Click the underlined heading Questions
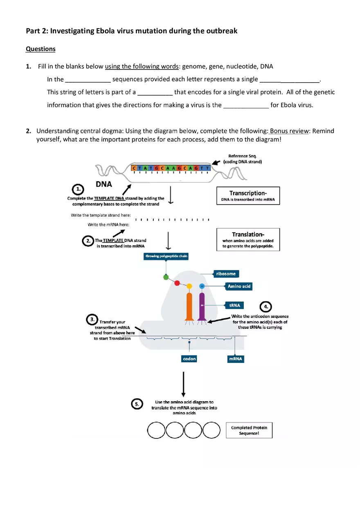[40, 49]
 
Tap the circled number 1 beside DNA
[78, 189]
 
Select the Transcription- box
[248, 195]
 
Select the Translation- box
[248, 239]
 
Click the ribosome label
[226, 274]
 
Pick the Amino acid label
[239, 286]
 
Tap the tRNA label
[234, 306]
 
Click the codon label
[189, 359]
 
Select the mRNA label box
[235, 359]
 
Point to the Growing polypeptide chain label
[166, 256]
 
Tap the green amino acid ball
[166, 277]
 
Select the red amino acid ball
[177, 283]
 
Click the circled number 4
[266, 306]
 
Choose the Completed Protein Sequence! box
[249, 430]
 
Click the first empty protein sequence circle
[156, 430]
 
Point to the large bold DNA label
[104, 184]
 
